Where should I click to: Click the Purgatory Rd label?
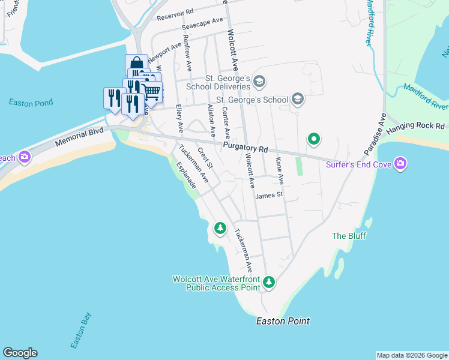[244, 147]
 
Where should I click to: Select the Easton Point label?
[283, 321]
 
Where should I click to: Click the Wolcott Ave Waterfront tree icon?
[270, 281]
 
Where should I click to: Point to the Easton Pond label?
[31, 103]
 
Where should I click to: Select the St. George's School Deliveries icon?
[259, 81]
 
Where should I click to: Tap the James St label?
[268, 196]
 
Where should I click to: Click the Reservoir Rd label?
[175, 14]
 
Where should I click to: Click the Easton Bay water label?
[80, 331]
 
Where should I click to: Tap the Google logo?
[20, 353]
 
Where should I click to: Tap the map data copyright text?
[412, 355]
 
